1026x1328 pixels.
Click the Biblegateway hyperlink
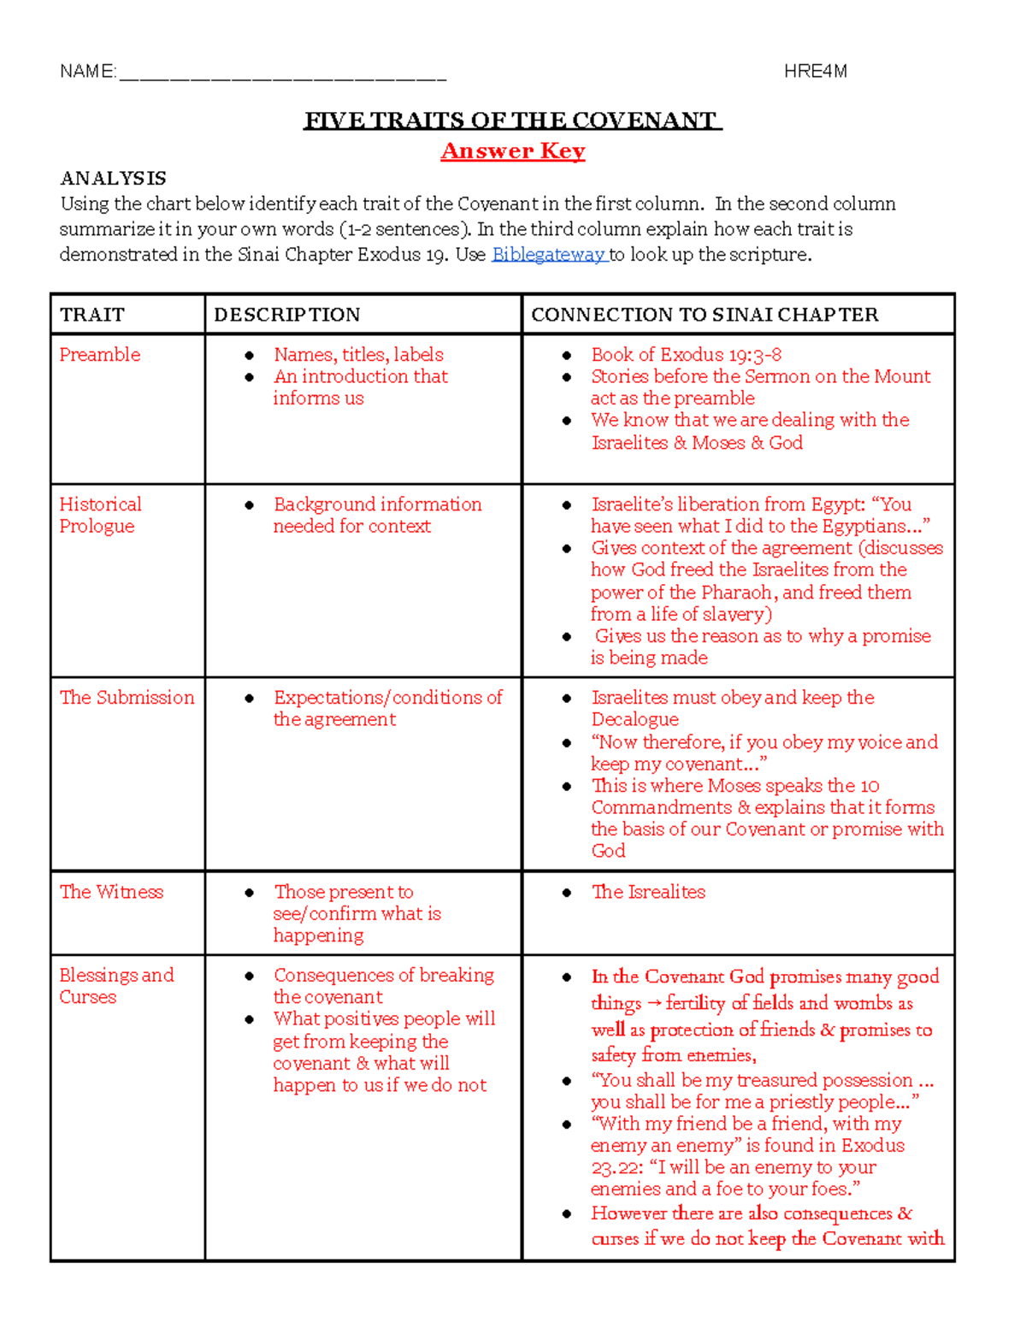point(548,255)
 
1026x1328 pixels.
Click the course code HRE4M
point(815,72)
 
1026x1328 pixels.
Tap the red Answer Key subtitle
point(513,151)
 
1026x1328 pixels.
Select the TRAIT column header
point(92,315)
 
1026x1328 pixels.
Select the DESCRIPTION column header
point(287,315)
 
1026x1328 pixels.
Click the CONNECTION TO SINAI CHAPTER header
point(705,315)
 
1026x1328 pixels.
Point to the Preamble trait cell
point(100,355)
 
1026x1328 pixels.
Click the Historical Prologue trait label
point(99,515)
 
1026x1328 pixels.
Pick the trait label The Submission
point(127,698)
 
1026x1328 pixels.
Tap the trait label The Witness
point(111,892)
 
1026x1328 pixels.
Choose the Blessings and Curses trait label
point(115,986)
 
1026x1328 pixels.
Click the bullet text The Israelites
point(649,892)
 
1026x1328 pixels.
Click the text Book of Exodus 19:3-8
point(686,355)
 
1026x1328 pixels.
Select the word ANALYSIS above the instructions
point(113,179)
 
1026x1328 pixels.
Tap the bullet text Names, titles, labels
point(358,355)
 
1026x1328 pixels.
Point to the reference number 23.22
point(613,1168)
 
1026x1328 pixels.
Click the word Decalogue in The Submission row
point(634,720)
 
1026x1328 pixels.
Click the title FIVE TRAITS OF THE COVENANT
point(513,121)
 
